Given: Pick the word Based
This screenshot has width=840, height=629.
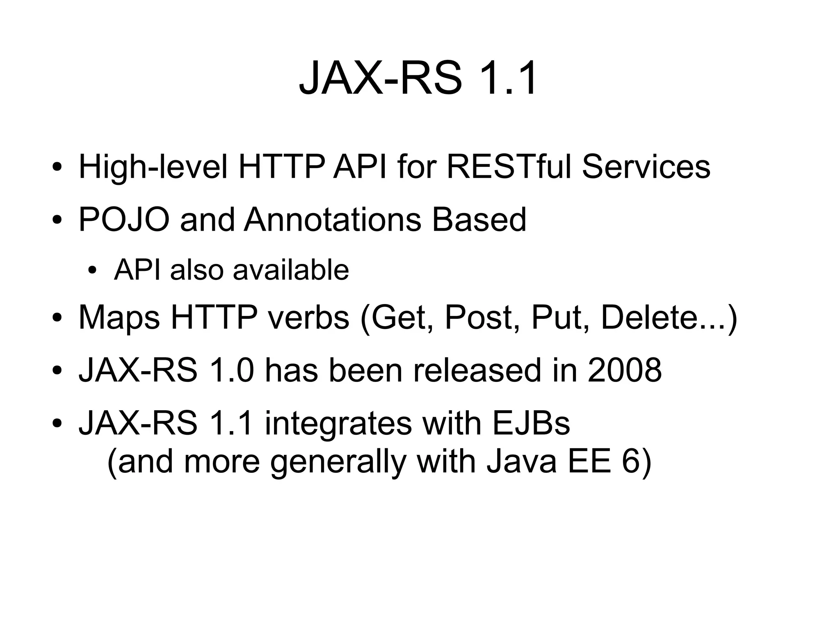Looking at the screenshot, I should [x=479, y=220].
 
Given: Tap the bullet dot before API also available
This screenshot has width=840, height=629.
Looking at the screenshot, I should [x=92, y=271].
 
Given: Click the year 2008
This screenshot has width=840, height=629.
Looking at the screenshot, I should [x=624, y=370].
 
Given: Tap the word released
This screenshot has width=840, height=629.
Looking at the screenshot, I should [x=477, y=370].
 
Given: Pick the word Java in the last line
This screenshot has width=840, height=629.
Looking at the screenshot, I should [x=521, y=461].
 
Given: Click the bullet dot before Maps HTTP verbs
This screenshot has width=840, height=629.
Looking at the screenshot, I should [x=57, y=318].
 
